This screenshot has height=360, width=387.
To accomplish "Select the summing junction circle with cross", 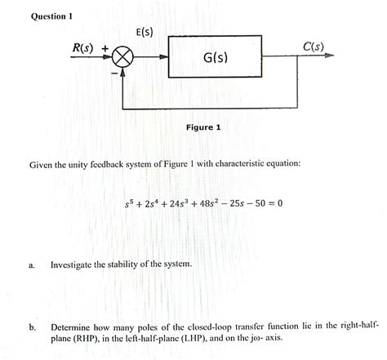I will click(x=124, y=58).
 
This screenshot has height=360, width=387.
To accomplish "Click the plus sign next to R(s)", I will click(x=105, y=48).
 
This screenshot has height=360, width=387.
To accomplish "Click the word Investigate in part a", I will click(x=78, y=265).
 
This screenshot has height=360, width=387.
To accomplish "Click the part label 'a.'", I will click(x=30, y=265).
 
